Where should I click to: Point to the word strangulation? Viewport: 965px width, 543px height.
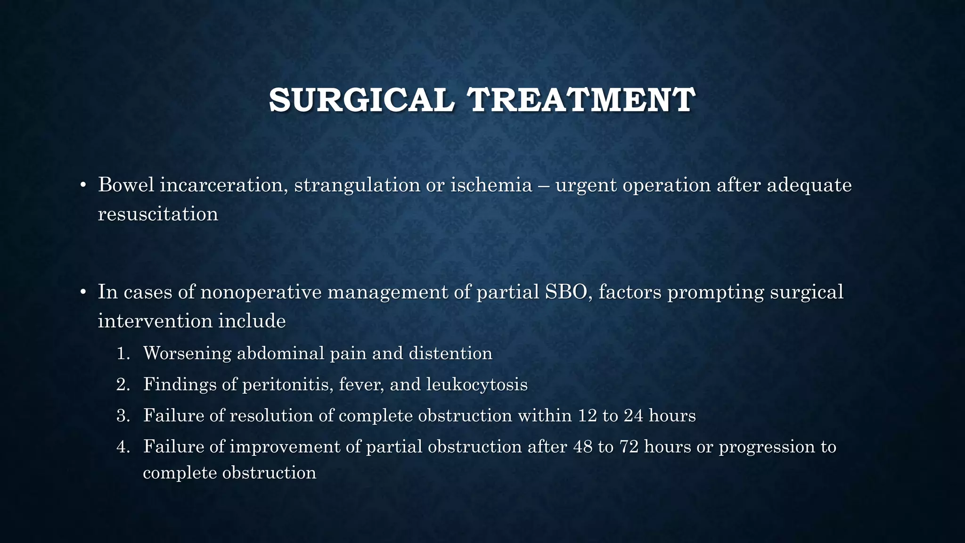(357, 185)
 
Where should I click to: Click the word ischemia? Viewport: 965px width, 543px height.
(491, 185)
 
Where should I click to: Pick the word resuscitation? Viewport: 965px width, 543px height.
(158, 214)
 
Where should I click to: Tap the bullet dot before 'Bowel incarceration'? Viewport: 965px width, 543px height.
(82, 186)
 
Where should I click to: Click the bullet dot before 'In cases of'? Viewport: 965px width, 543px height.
(82, 293)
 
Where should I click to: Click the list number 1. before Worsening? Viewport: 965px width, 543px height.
(123, 354)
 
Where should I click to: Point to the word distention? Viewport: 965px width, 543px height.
(450, 353)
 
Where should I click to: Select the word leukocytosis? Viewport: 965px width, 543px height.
(477, 385)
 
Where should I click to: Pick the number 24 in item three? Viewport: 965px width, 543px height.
(633, 416)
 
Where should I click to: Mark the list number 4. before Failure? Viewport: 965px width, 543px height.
(123, 447)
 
